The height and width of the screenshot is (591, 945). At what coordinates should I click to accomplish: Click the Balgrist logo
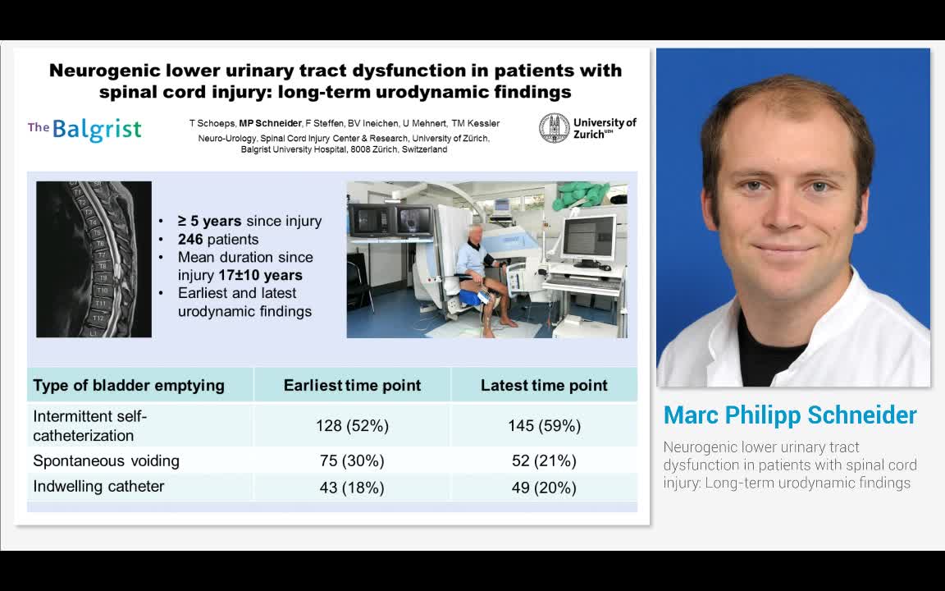[x=84, y=129]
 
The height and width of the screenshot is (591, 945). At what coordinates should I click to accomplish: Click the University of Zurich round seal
[x=554, y=128]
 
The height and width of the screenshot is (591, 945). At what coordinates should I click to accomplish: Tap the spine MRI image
[x=94, y=259]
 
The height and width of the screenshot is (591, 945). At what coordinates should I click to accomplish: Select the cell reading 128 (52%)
[x=352, y=425]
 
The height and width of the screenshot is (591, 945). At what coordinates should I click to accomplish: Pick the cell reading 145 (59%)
[x=544, y=425]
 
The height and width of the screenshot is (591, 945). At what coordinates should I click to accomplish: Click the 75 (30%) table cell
[x=352, y=460]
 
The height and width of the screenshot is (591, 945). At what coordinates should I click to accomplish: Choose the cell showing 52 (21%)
[x=544, y=460]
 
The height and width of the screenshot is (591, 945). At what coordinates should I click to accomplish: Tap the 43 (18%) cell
[x=352, y=488]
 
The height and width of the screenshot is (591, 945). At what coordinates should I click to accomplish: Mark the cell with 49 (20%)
[x=544, y=488]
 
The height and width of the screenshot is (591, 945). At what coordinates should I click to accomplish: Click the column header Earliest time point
[x=352, y=385]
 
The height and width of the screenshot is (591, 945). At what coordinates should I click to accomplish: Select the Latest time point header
[x=544, y=385]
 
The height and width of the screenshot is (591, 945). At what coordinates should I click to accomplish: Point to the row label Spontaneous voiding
[x=106, y=460]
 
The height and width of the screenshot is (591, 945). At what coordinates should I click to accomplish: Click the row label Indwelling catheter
[x=98, y=487]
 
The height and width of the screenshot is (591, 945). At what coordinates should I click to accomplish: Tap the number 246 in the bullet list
[x=190, y=240]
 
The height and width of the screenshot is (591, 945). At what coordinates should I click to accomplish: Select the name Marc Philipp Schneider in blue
[x=790, y=415]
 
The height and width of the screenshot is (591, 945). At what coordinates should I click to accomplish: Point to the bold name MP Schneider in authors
[x=270, y=123]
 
